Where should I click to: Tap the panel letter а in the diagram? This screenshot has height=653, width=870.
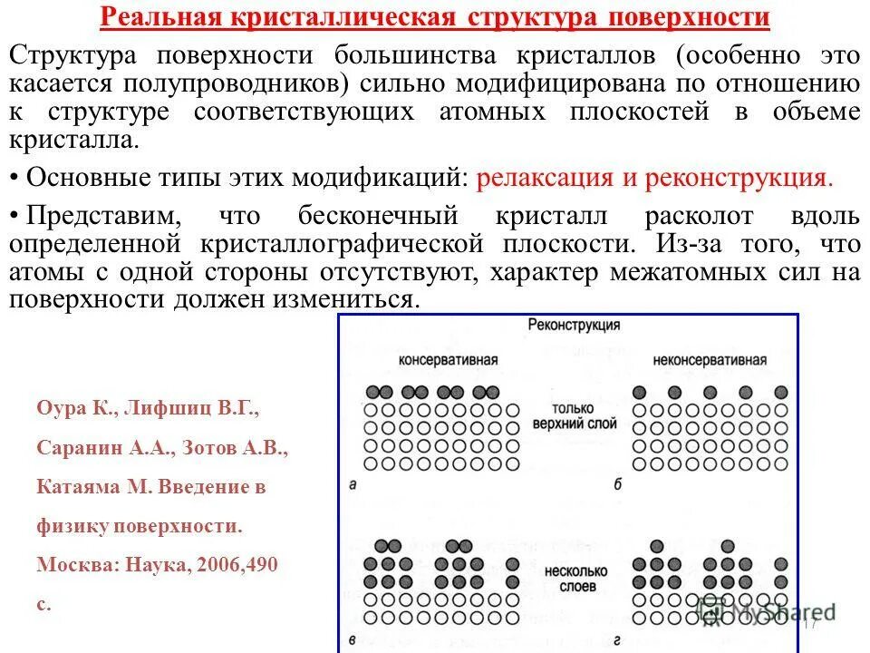coord(353,485)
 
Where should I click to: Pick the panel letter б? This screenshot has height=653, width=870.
coord(617,485)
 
